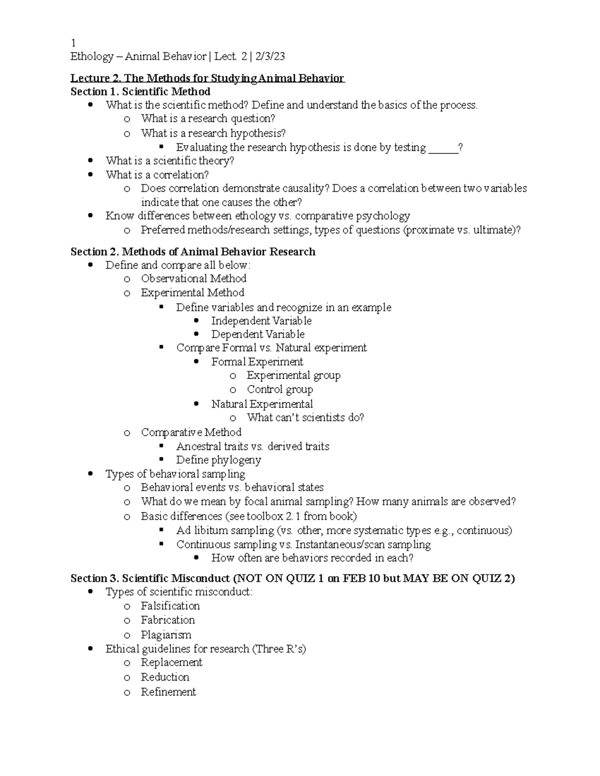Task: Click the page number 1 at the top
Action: click(73, 42)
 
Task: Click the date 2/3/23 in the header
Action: click(269, 56)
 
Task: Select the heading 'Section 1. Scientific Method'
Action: click(140, 91)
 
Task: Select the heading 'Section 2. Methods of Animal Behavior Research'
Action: click(192, 251)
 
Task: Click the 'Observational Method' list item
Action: click(193, 278)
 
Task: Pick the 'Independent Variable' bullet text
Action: click(261, 321)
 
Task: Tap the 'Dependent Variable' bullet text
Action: click(257, 334)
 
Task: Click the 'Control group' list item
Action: click(279, 389)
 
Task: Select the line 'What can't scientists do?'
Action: click(305, 417)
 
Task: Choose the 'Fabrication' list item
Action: click(167, 620)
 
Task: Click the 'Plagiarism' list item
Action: click(166, 635)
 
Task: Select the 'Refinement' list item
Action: click(168, 692)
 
